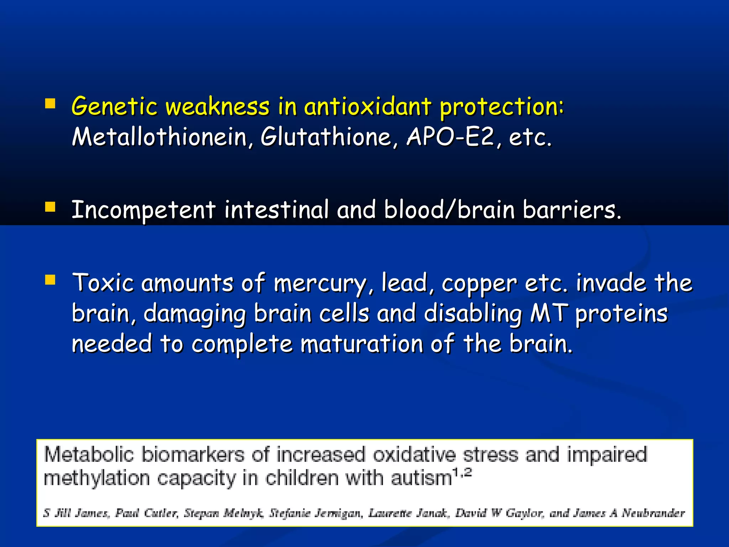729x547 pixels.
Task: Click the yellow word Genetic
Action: coord(114,106)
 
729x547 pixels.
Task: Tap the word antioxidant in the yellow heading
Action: coord(368,106)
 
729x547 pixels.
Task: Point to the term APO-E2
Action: coord(450,137)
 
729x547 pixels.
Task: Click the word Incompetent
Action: coord(144,210)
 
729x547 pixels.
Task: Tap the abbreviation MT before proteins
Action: coord(549,313)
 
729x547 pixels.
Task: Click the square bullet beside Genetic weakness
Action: coord(50,104)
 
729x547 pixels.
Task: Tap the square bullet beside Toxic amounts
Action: coord(50,280)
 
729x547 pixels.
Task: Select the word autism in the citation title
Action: coord(421,478)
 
